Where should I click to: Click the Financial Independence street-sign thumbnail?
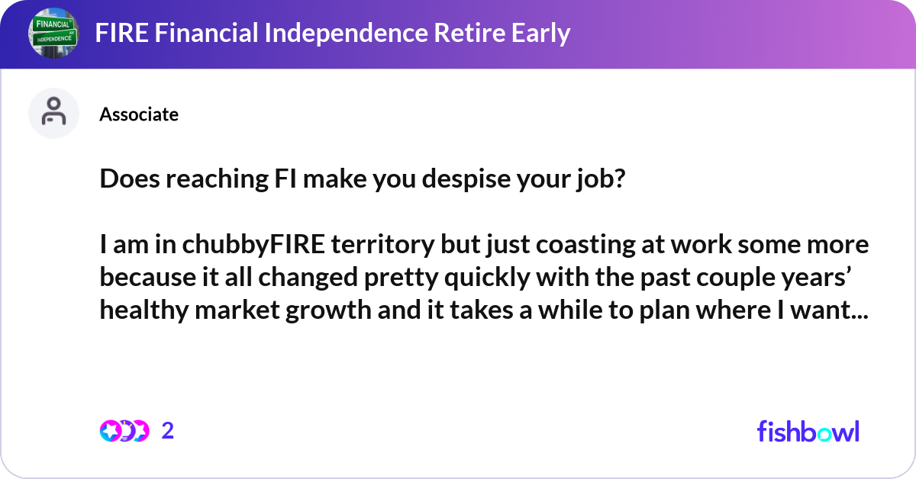click(x=54, y=34)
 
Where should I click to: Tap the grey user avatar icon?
click(x=53, y=113)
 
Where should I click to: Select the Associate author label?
click(x=139, y=114)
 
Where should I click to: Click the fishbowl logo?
click(x=808, y=431)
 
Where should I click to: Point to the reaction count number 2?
click(x=168, y=431)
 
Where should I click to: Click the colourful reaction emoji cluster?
click(x=124, y=431)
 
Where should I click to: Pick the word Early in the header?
click(x=542, y=34)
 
